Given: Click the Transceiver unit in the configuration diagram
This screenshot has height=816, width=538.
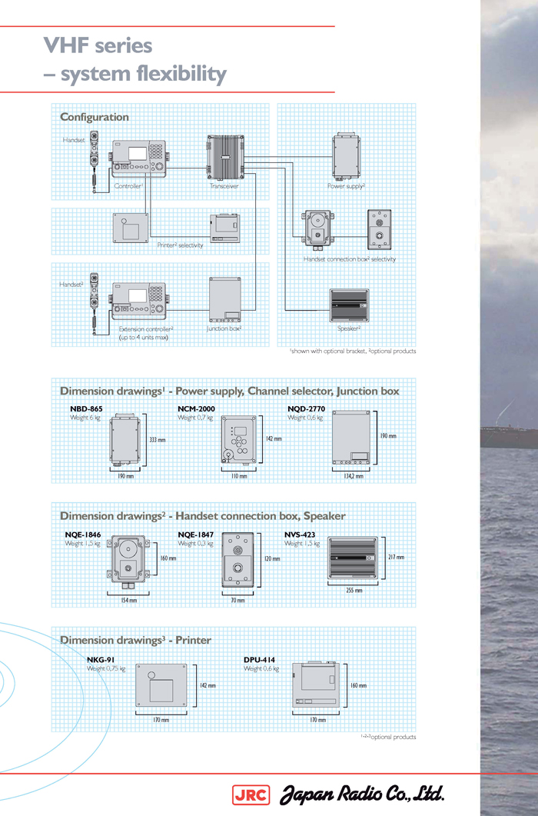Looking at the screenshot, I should pyautogui.click(x=224, y=157).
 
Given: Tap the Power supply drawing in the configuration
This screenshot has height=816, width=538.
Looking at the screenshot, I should pyautogui.click(x=346, y=156).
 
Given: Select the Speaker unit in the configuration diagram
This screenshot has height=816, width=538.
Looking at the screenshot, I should pyautogui.click(x=348, y=305).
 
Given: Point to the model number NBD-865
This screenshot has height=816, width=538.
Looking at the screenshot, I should pyautogui.click(x=85, y=409).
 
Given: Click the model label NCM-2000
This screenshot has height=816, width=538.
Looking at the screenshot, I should pyautogui.click(x=197, y=409).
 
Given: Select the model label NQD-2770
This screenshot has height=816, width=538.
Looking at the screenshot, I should pyautogui.click(x=307, y=409).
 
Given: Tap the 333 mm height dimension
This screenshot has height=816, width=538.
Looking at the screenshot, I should pyautogui.click(x=157, y=440).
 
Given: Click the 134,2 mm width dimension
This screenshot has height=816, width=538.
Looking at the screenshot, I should pyautogui.click(x=354, y=476).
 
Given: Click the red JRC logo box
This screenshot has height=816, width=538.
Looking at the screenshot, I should pyautogui.click(x=251, y=794).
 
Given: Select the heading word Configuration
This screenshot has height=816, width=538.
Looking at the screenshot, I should pyautogui.click(x=95, y=117).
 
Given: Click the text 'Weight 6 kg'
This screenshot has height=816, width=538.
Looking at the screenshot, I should pyautogui.click(x=85, y=418).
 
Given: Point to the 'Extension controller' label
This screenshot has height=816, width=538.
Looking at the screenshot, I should pyautogui.click(x=146, y=329).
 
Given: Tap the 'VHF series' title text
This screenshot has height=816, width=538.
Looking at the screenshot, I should pyautogui.click(x=98, y=45).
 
